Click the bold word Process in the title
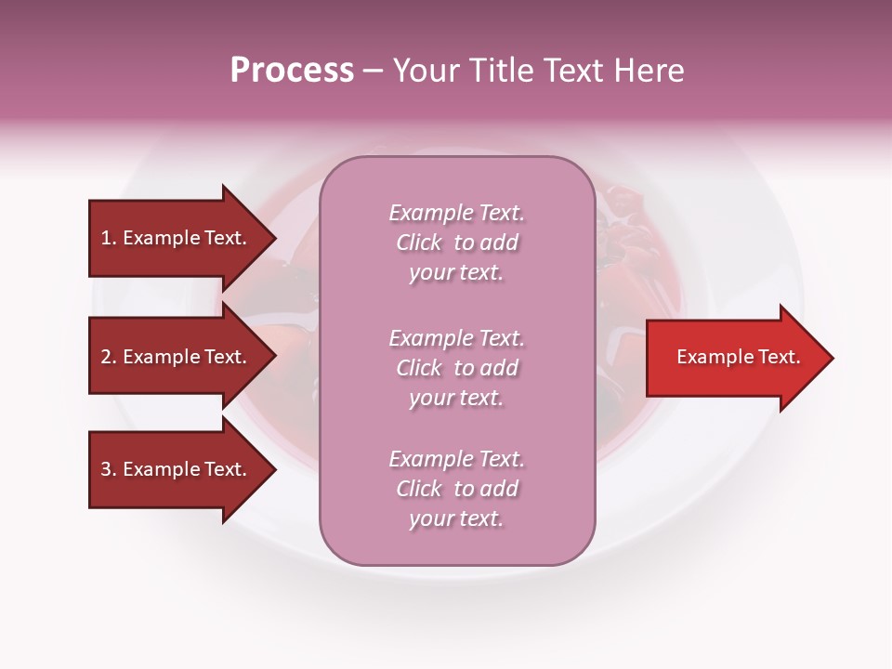point(292,71)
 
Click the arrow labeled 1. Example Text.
point(174,238)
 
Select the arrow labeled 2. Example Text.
point(174,357)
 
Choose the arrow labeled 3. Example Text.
point(174,469)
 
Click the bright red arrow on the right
point(738,358)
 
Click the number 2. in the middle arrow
point(109,357)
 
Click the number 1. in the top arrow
point(108,238)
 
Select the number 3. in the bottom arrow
point(109,469)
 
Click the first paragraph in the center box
point(457,243)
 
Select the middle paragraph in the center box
point(457,368)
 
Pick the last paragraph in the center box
point(457,489)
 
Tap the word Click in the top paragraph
point(419,243)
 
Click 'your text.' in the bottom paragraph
point(456,518)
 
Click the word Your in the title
point(426,71)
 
